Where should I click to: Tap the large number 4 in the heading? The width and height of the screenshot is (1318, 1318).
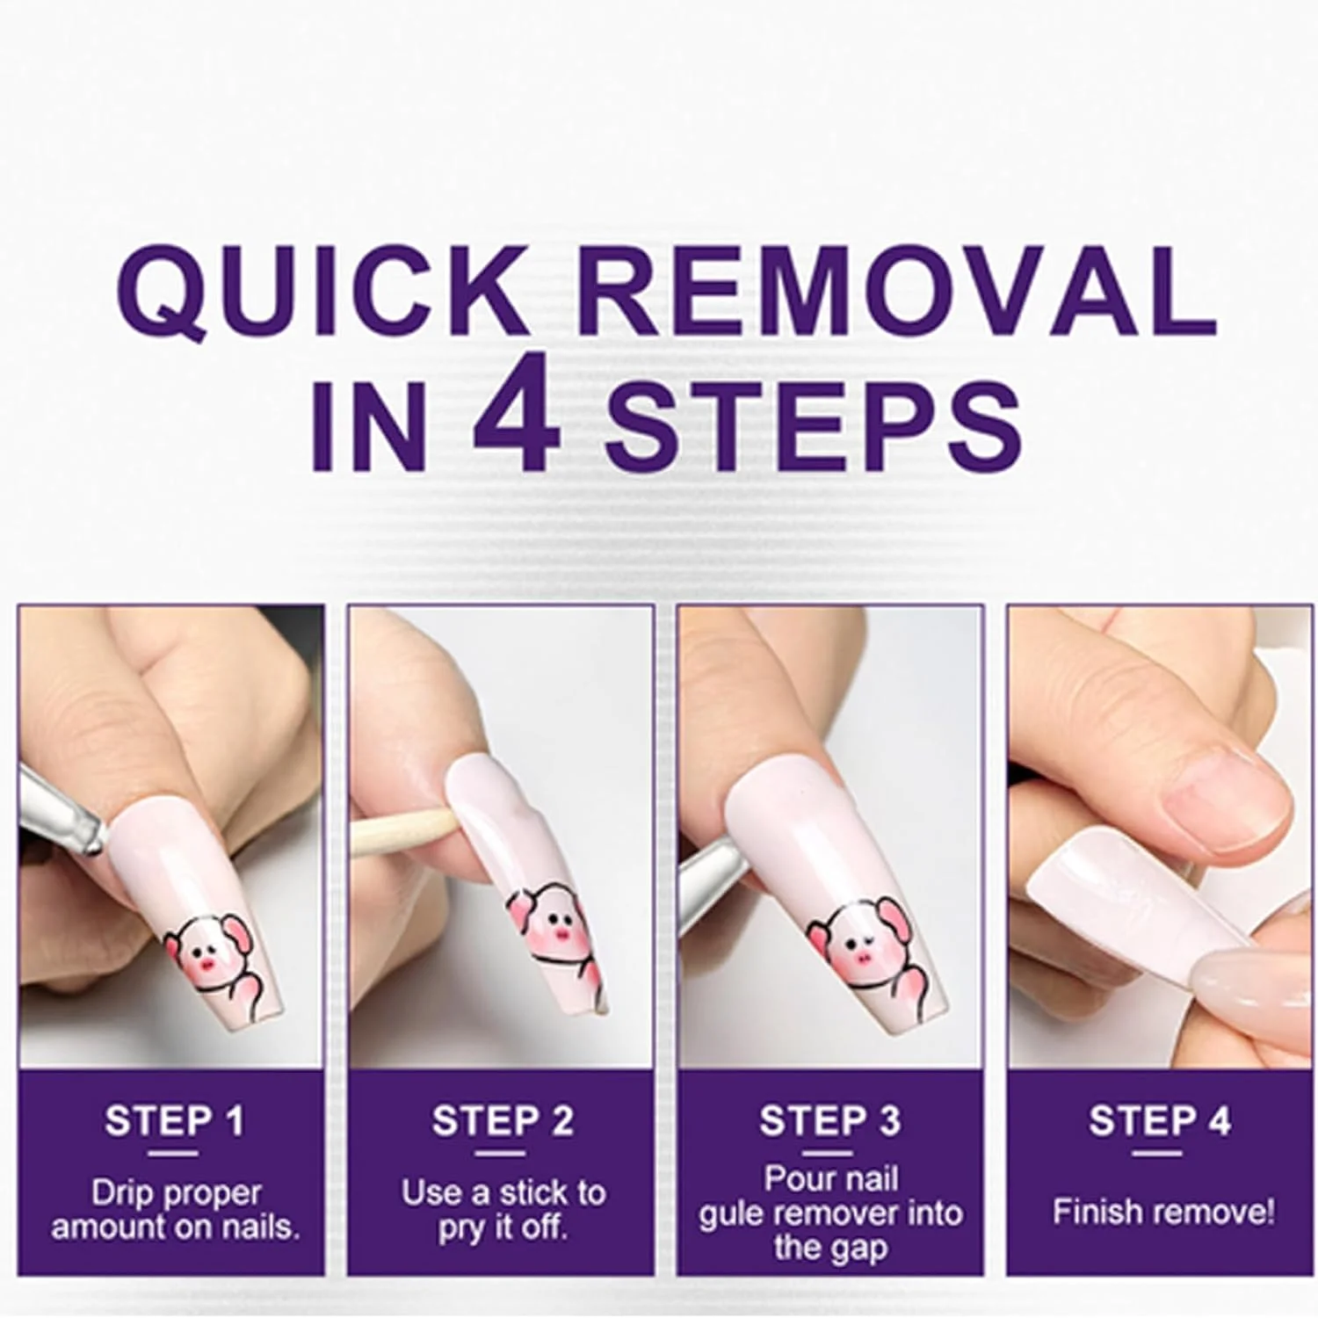(x=516, y=422)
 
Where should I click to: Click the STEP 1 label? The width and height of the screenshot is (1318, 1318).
(x=174, y=1121)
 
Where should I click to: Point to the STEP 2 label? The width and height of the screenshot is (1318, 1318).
(x=503, y=1121)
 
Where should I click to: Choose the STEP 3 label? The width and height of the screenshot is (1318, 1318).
(x=830, y=1121)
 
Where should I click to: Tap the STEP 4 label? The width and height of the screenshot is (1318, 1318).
(x=1160, y=1121)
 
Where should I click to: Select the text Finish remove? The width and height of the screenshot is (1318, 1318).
(x=1162, y=1213)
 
